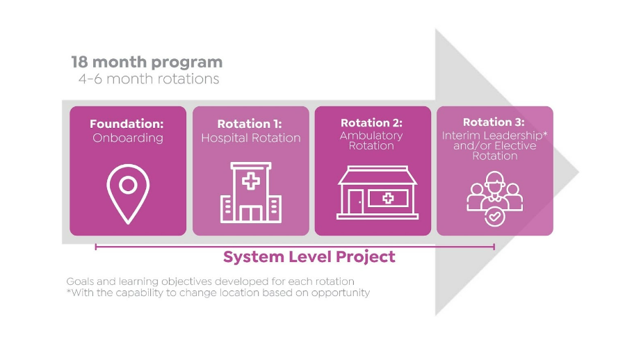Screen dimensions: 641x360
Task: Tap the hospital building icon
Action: pos(250,193)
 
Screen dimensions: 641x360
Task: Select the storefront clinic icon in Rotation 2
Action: pos(378,193)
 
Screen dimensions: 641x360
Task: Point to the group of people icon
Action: pos(494,192)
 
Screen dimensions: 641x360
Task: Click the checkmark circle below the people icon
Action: pos(494,217)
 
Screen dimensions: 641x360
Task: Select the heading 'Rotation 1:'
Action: pos(250,124)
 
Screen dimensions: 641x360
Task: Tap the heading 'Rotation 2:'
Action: pos(372,122)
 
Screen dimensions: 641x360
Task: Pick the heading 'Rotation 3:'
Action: pos(494,122)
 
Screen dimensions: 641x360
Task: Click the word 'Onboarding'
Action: pos(128,138)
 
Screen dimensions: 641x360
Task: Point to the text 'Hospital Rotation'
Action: pos(250,138)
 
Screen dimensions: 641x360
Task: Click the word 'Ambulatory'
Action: pos(371,136)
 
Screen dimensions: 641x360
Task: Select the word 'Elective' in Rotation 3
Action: pos(515,146)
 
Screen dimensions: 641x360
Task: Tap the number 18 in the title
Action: pos(80,62)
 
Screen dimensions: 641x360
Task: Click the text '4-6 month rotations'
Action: pos(149,79)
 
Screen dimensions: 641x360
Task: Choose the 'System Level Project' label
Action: pos(309,257)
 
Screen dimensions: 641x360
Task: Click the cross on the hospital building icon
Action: pos(250,181)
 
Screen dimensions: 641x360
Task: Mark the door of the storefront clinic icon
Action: pos(356,202)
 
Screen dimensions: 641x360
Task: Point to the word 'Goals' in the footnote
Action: pos(78,281)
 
